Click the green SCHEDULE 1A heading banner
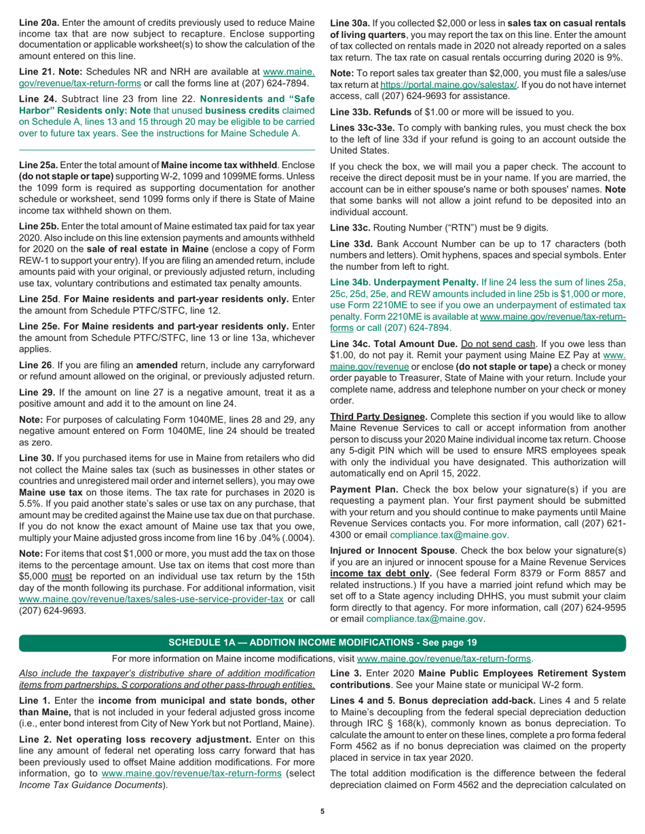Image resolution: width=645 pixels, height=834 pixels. [322, 642]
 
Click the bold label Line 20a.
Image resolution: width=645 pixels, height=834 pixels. [38, 23]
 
